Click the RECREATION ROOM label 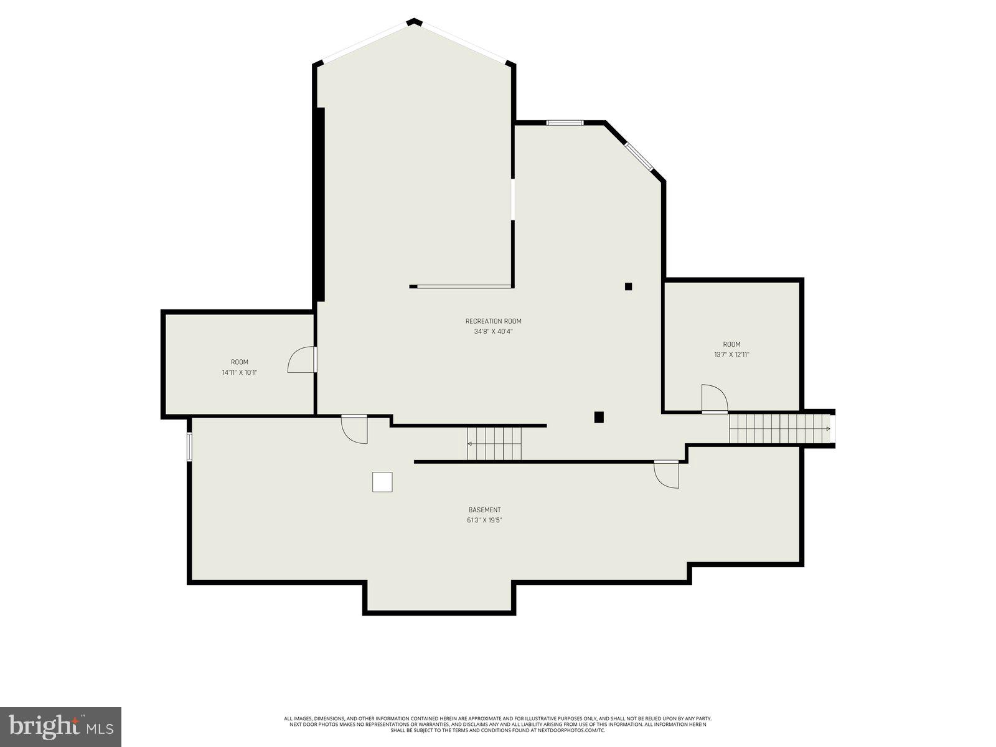[x=493, y=321]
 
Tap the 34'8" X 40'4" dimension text [x=493, y=332]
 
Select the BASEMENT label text [x=484, y=510]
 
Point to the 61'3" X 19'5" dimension [x=484, y=520]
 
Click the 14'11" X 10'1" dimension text [x=240, y=373]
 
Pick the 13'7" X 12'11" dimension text [x=731, y=355]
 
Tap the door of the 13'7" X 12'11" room [x=714, y=399]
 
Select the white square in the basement [x=382, y=482]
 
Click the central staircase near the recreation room [x=494, y=443]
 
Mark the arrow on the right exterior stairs [x=828, y=428]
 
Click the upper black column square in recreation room [x=629, y=286]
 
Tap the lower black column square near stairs [x=599, y=417]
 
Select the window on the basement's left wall [x=189, y=446]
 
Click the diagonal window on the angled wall [x=639, y=157]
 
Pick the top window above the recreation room [x=565, y=123]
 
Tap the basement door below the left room [x=355, y=430]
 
